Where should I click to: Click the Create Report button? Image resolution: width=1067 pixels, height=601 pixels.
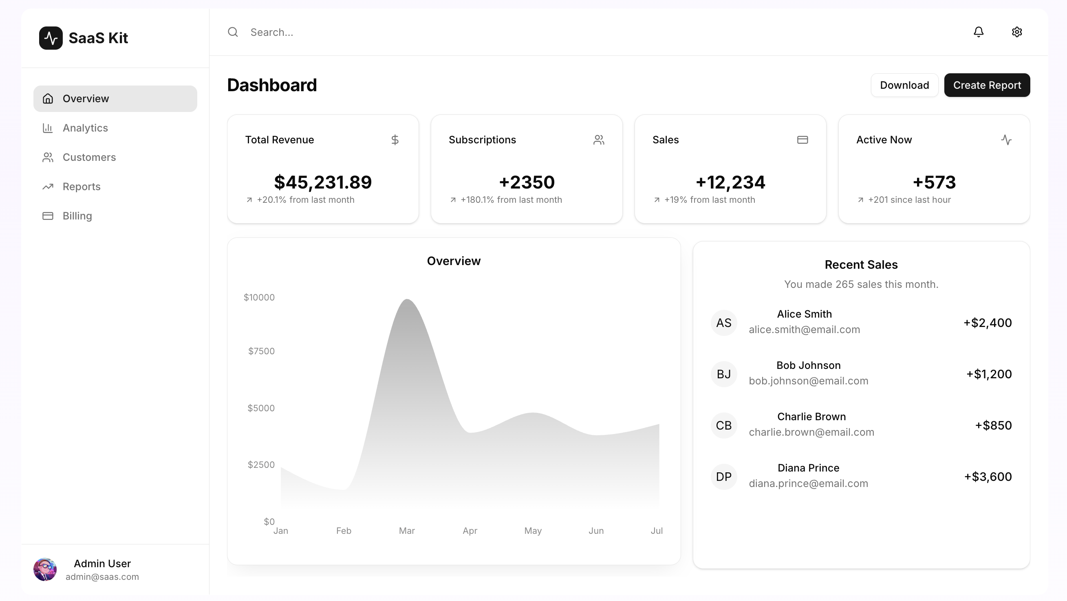click(987, 85)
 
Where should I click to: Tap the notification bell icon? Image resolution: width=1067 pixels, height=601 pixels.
click(979, 32)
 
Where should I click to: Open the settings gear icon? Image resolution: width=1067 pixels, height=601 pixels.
click(1016, 32)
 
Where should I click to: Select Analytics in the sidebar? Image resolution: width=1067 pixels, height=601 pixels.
click(85, 128)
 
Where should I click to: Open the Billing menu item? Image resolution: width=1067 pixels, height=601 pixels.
click(77, 216)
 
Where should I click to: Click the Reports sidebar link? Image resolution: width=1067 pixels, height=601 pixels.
click(81, 186)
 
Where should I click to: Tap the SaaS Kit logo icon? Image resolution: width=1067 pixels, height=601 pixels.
click(51, 38)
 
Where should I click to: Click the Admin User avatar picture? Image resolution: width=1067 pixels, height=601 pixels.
click(45, 570)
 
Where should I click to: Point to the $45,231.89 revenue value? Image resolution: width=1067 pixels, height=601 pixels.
click(323, 182)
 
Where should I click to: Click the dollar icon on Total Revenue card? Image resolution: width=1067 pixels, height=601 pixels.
click(395, 140)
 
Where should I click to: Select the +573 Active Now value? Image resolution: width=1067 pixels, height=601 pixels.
click(934, 182)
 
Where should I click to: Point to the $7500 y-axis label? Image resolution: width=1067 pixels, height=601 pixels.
click(261, 351)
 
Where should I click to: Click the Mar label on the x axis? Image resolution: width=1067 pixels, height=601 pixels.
click(406, 531)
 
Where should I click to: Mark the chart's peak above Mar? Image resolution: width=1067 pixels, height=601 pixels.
click(407, 300)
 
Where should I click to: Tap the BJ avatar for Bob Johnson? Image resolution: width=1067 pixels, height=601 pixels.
click(723, 374)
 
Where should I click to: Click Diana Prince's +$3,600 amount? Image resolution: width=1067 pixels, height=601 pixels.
click(988, 477)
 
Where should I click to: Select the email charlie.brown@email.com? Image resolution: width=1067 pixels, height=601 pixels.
click(811, 432)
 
